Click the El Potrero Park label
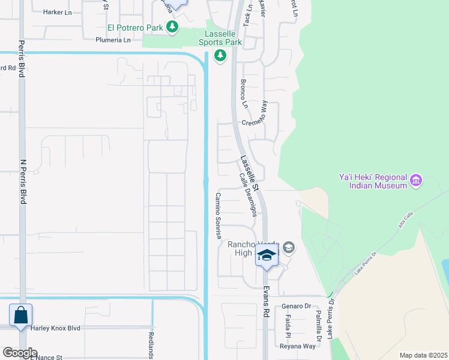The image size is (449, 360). tap(136, 27)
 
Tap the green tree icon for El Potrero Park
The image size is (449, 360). tap(173, 27)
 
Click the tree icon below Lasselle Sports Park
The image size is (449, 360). tap(220, 56)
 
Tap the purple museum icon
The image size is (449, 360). tap(416, 180)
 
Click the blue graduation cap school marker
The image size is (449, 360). tap(267, 256)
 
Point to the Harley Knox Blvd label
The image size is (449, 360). tap(55, 328)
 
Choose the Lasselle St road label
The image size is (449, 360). tap(249, 175)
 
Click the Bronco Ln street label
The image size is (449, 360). tap(244, 94)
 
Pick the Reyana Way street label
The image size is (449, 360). tap(298, 346)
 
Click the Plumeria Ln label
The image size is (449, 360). tap(113, 40)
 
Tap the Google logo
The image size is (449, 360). tap(20, 353)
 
